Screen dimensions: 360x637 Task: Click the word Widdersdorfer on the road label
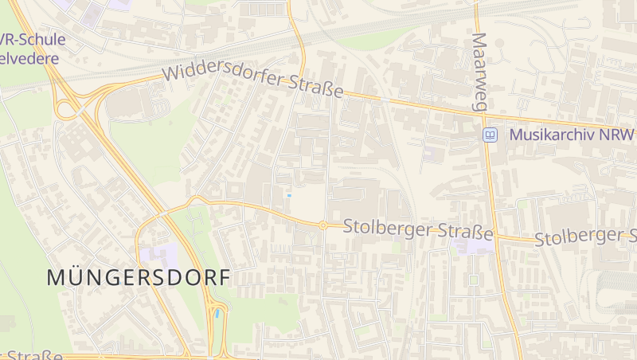(225, 76)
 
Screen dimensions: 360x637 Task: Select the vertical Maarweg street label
(480, 72)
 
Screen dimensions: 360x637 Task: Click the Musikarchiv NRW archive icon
(490, 135)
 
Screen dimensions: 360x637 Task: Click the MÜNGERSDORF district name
(138, 277)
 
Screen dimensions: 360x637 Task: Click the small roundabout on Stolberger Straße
(323, 225)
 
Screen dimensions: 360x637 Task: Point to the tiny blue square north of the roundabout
(289, 195)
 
